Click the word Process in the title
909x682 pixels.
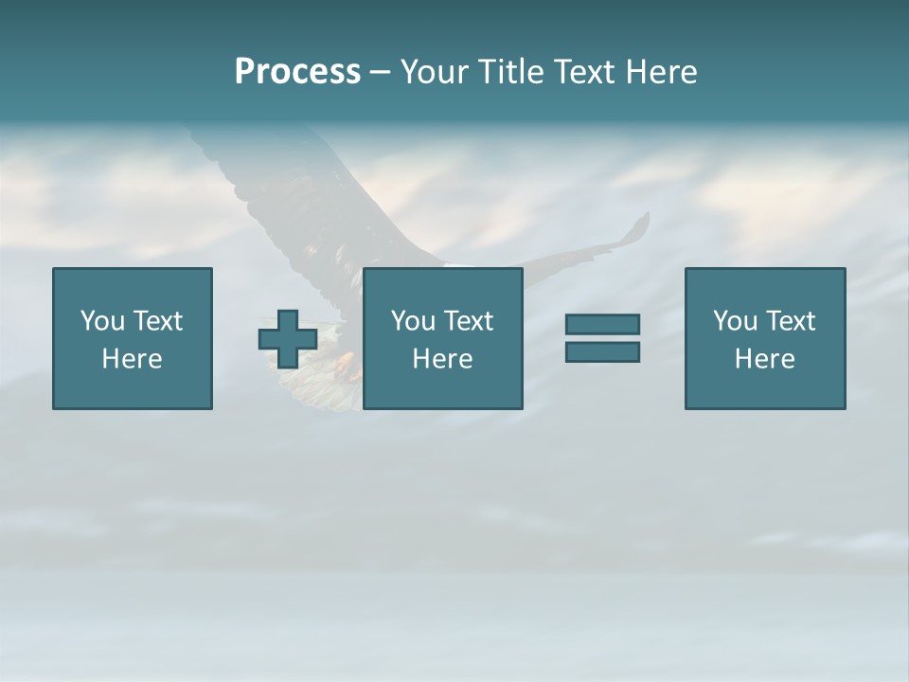(x=297, y=72)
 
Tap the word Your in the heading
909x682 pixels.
(x=432, y=72)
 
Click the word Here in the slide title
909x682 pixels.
(x=659, y=72)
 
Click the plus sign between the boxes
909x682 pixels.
(x=288, y=339)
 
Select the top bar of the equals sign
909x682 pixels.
(x=602, y=324)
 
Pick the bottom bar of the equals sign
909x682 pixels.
(x=602, y=351)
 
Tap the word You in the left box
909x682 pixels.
(x=103, y=321)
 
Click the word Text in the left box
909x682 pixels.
(x=157, y=321)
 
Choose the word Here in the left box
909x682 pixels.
(x=132, y=359)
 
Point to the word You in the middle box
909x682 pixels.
(x=414, y=321)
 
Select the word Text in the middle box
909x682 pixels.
(x=468, y=321)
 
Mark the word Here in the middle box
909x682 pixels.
(x=442, y=359)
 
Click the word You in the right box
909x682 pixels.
(x=736, y=321)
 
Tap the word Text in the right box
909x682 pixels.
(x=790, y=321)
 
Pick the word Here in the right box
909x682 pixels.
(x=764, y=359)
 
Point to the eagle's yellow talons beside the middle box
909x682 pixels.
(x=349, y=365)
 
